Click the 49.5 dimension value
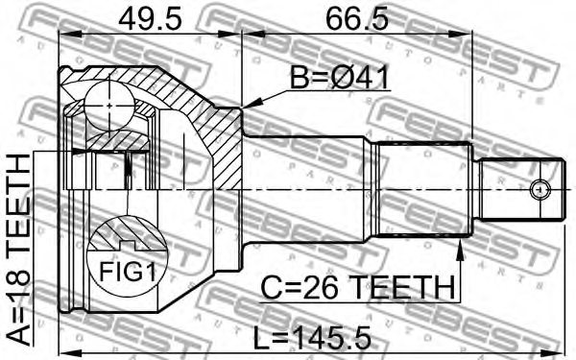click(150, 19)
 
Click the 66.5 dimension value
click(357, 19)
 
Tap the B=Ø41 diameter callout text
click(339, 78)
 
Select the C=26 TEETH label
click(357, 288)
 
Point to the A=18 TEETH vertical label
click(18, 250)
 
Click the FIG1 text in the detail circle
click(128, 272)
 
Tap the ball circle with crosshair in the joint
click(109, 106)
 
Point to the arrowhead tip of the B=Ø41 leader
click(243, 108)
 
